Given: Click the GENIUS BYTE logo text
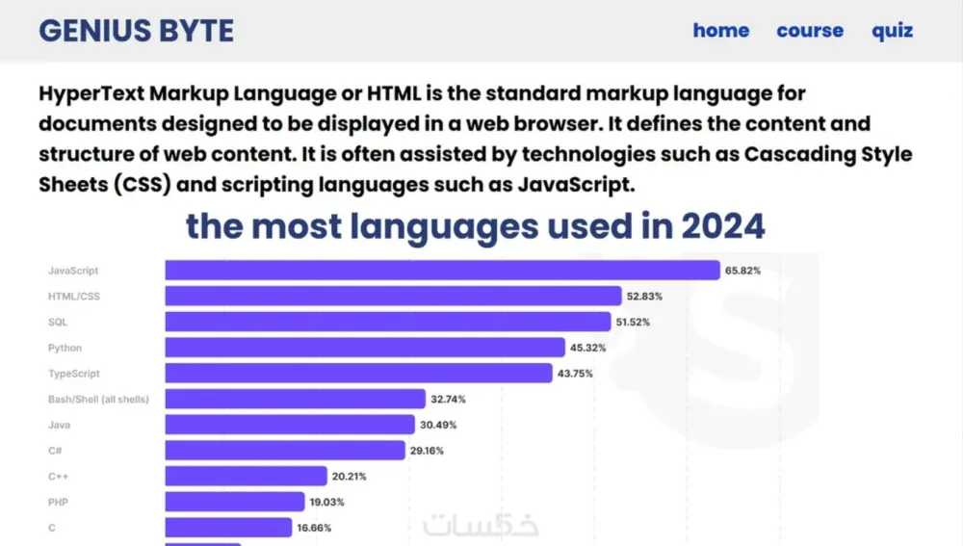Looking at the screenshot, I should (x=136, y=31).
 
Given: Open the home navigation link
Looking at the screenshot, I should (x=720, y=31).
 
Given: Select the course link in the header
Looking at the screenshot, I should (x=809, y=31).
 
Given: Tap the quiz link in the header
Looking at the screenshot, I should (x=892, y=31).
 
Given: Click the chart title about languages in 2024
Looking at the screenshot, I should (x=475, y=226).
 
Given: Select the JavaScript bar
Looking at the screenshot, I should (x=442, y=271).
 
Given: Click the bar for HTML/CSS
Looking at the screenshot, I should (x=393, y=296).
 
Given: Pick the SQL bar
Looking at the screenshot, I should (x=387, y=322).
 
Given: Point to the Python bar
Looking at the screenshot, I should (x=364, y=348).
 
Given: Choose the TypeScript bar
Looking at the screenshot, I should (x=357, y=373).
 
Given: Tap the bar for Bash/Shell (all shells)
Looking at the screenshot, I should (x=295, y=399).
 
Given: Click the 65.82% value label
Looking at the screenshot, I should (x=742, y=272).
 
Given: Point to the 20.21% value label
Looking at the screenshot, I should (x=349, y=476).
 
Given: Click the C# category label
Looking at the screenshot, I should (x=54, y=450).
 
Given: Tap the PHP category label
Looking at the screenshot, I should (x=58, y=502).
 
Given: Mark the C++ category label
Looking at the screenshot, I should (x=58, y=476).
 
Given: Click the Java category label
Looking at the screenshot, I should (x=58, y=425).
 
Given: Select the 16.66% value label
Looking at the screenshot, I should (x=313, y=528).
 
